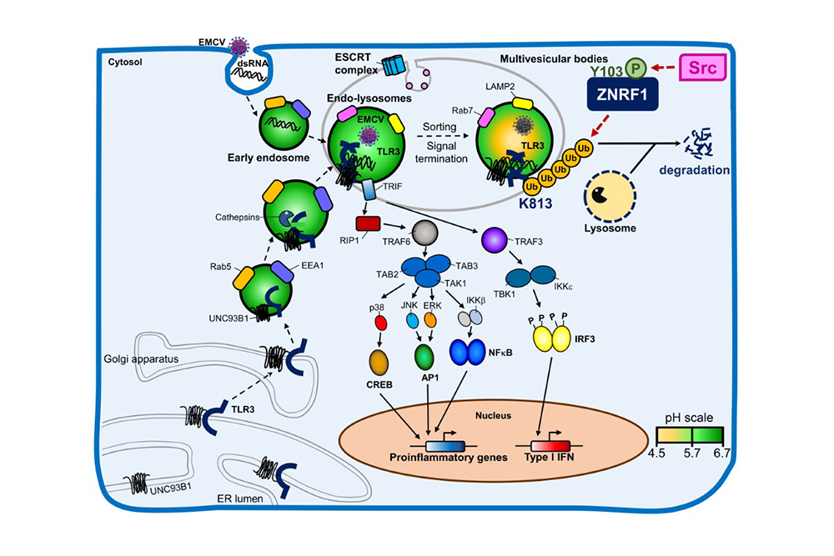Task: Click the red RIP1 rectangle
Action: [x=368, y=224]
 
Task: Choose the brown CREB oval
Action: [x=381, y=363]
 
